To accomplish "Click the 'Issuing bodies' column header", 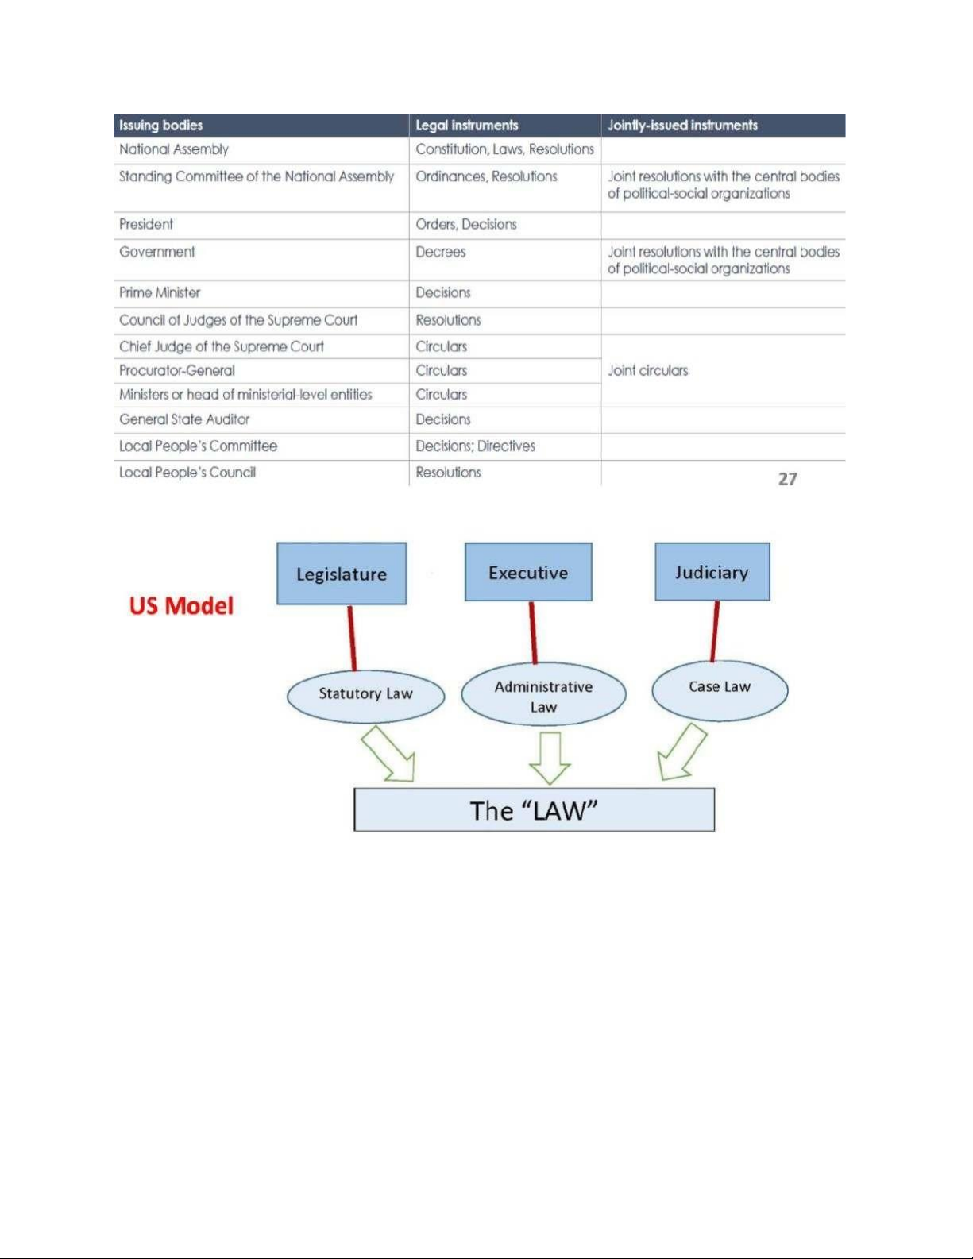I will tap(161, 126).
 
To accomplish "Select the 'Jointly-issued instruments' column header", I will tap(682, 126).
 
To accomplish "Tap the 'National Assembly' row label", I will tap(174, 149).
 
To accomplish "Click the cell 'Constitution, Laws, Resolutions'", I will tap(504, 149).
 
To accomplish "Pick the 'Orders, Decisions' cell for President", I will tap(466, 225).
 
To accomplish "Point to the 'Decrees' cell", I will tap(441, 253).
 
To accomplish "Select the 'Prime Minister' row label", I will tap(160, 293).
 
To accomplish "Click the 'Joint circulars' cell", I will tap(648, 371).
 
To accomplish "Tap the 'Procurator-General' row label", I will tap(177, 371).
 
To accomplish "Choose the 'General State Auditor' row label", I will tap(184, 419).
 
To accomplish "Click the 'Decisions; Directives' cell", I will tap(475, 446).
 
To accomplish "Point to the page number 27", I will tap(787, 479).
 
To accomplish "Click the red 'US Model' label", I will tap(181, 606).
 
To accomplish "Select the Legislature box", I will tap(342, 574).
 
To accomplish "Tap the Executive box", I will tap(528, 572).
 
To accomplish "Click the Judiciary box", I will tap(712, 572).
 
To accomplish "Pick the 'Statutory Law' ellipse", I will tap(365, 694).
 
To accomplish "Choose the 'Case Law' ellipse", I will tap(720, 688).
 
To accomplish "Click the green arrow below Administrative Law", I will tap(550, 757).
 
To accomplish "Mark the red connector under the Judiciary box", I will tap(716, 631).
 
